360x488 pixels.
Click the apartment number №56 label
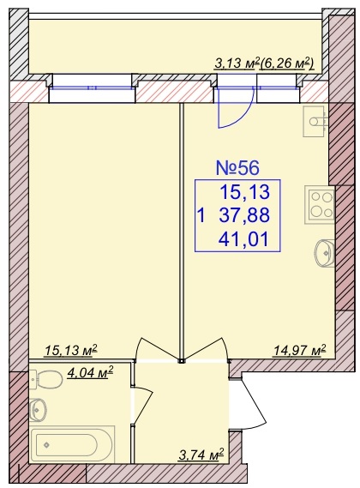[x=237, y=168]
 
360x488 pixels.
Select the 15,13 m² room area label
[x=71, y=351]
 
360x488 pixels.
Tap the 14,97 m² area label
[x=300, y=351]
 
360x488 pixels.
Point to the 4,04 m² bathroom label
[x=90, y=371]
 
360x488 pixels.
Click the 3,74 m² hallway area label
[x=201, y=455]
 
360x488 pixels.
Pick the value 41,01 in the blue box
[x=244, y=239]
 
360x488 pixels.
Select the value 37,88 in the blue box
[x=244, y=215]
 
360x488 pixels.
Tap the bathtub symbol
[x=72, y=444]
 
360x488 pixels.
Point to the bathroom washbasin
[x=39, y=409]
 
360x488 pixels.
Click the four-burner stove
[x=320, y=205]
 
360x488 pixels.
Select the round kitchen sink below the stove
[x=326, y=253]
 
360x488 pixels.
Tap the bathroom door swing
[x=142, y=403]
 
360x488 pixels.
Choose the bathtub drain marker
[x=47, y=445]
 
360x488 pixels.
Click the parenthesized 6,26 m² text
[x=287, y=63]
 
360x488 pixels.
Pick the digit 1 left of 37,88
[x=201, y=215]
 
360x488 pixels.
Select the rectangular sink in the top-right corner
[x=315, y=121]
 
